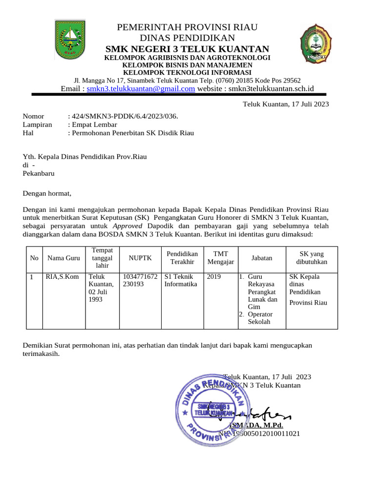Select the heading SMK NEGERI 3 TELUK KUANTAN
coord(187,49)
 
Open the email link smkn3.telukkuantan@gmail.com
coord(141,88)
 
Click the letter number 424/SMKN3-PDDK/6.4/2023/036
coord(125,116)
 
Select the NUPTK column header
coord(140,258)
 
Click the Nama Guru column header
coord(63,258)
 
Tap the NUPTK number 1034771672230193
coord(140,280)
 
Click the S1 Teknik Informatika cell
coord(181,280)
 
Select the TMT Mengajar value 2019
coord(214,277)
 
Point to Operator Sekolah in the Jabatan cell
coord(260,318)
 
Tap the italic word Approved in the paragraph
coord(127,226)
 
